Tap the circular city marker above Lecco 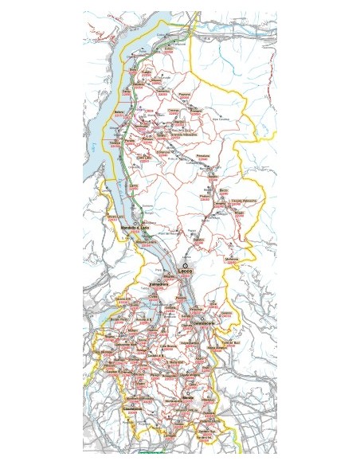click(x=185, y=265)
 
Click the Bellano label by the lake click(x=120, y=113)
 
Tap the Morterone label click(x=231, y=259)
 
